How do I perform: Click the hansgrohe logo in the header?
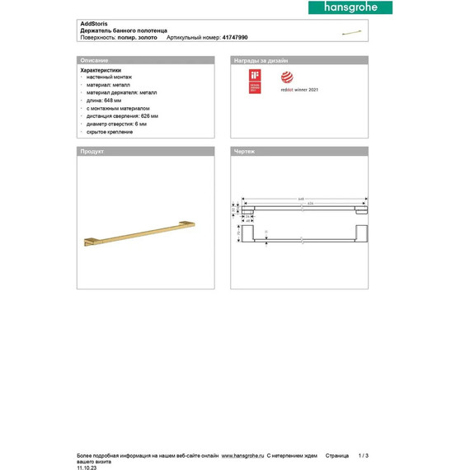pos(350,7)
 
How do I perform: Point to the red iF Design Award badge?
pos(255,82)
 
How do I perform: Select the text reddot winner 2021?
pos(300,90)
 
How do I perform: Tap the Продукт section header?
pos(91,153)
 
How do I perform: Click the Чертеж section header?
pos(246,153)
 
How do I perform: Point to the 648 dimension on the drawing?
pos(302,198)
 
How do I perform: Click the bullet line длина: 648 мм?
pos(108,101)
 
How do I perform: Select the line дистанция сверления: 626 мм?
pos(122,116)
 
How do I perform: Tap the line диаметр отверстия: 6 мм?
pos(118,124)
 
